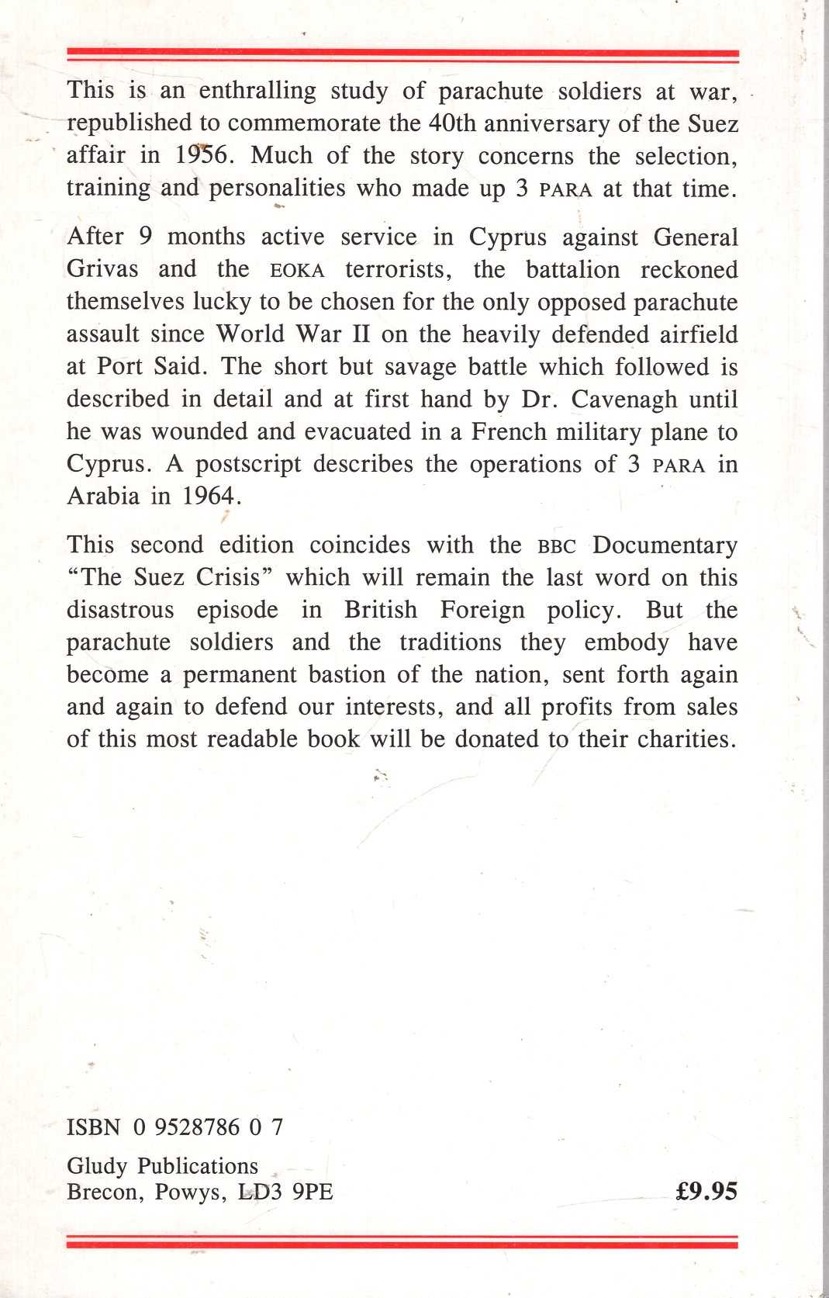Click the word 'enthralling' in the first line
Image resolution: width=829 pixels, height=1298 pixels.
point(257,92)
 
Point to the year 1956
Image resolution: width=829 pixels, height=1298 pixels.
point(200,155)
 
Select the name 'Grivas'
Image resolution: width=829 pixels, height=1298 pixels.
point(102,269)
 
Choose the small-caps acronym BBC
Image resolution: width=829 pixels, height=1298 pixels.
point(557,546)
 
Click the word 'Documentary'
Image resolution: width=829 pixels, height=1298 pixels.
point(665,545)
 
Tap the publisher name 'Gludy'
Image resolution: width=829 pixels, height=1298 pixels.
point(98,1166)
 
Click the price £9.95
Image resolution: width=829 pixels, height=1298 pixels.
point(706,1192)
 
